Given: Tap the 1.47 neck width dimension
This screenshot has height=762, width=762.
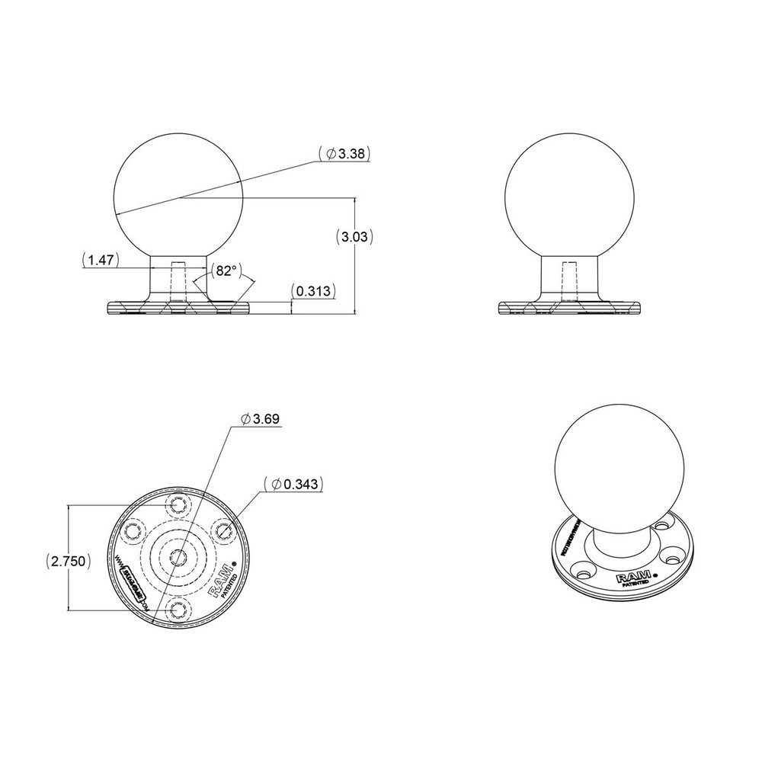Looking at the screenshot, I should [101, 261].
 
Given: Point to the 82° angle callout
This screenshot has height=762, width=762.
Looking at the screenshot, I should [225, 271].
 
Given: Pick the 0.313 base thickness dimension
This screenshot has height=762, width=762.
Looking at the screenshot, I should [313, 291].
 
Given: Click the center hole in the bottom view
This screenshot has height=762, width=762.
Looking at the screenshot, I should [178, 555].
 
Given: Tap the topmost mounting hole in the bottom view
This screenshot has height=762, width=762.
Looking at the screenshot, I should [179, 504].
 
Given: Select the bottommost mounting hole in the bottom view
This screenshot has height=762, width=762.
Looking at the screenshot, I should [178, 607].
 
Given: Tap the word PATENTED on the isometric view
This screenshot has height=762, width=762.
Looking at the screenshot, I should [636, 585].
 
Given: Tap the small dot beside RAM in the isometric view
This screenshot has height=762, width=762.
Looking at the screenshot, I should [657, 571].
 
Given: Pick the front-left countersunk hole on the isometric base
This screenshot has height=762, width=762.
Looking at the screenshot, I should [587, 568].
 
